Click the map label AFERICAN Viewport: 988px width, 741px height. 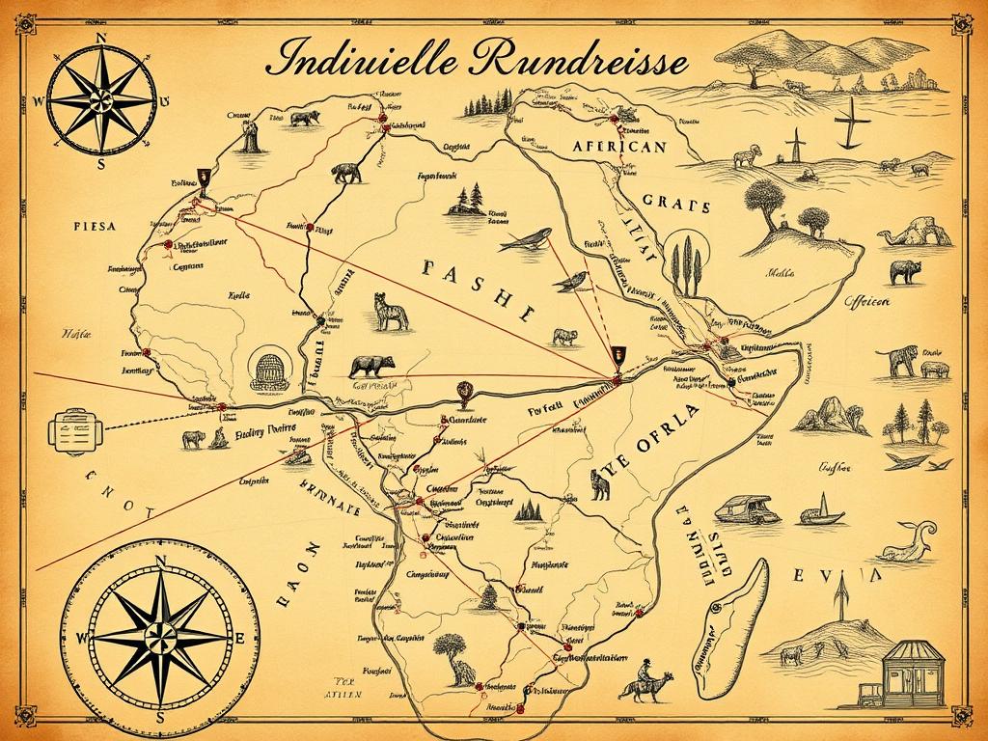(x=618, y=147)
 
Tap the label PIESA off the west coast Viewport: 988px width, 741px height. (x=94, y=226)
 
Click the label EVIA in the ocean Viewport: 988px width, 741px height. (x=837, y=576)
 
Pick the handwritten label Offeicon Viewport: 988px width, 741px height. (x=865, y=301)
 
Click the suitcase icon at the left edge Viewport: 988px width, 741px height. (x=73, y=429)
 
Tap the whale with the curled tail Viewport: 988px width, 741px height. (x=908, y=543)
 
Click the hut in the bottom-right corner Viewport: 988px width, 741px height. (x=910, y=672)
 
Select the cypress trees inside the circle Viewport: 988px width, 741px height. (x=688, y=263)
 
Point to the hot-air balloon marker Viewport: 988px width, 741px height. (x=464, y=392)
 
